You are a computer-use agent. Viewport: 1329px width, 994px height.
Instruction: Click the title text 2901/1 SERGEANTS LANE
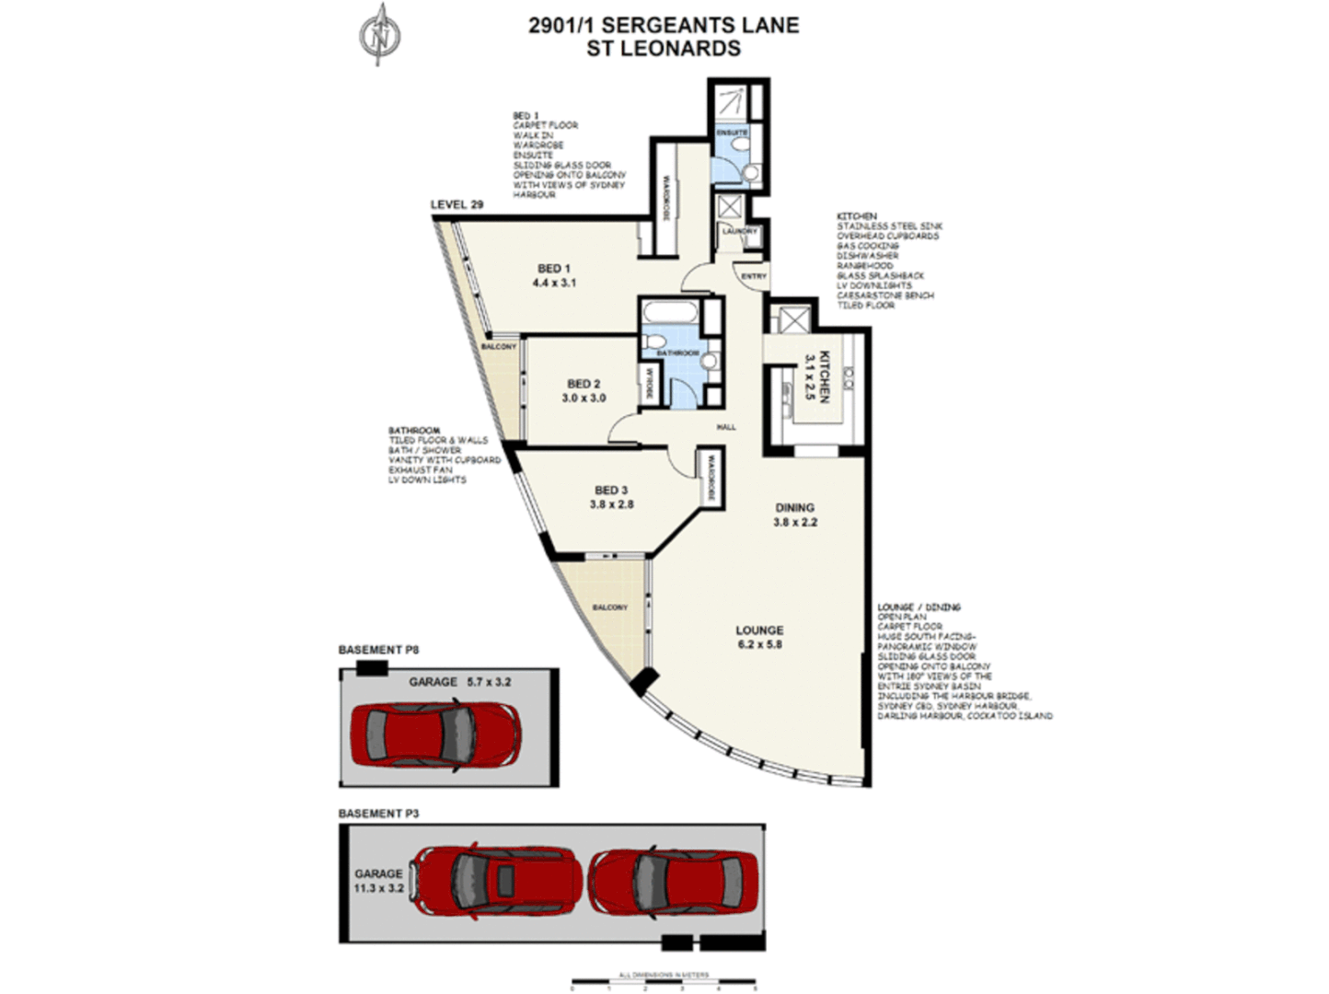tap(664, 25)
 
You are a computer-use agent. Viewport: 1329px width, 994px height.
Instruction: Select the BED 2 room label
tap(584, 391)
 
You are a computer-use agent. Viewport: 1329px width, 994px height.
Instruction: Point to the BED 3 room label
tap(611, 498)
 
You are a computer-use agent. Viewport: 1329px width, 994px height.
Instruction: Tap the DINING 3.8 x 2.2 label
tap(794, 514)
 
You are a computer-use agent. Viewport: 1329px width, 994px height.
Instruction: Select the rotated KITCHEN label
tap(818, 376)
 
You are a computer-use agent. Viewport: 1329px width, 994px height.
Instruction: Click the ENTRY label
tap(753, 276)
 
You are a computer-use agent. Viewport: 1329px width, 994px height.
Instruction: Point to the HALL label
tap(726, 427)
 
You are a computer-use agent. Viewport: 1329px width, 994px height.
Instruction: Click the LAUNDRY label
tap(739, 232)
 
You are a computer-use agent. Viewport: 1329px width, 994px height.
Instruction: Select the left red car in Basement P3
tap(496, 878)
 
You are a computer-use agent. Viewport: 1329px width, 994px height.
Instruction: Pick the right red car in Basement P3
tap(674, 878)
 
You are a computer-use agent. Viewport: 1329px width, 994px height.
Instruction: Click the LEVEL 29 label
tap(457, 204)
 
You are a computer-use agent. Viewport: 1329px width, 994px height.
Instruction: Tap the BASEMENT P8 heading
tap(378, 650)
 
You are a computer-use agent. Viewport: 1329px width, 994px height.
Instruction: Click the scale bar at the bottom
tap(663, 982)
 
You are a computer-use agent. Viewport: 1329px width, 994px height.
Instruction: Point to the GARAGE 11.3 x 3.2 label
tap(379, 881)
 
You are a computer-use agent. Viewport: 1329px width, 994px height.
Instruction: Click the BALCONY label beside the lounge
tap(609, 607)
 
